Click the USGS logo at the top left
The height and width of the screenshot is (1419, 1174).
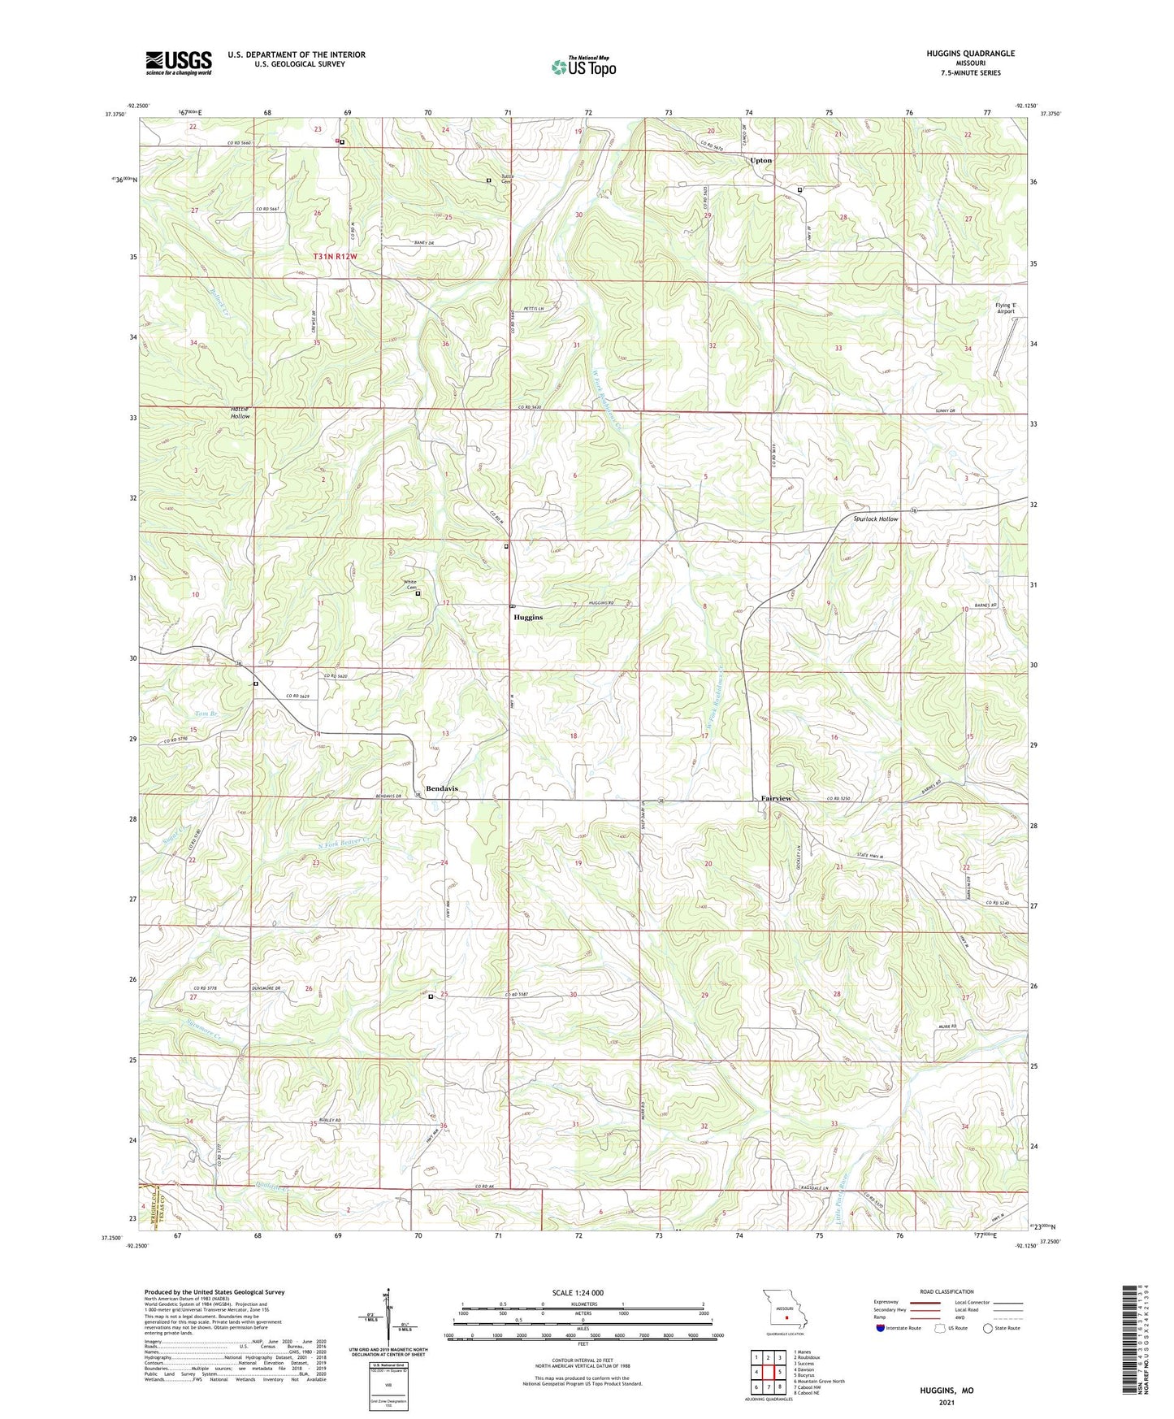179,63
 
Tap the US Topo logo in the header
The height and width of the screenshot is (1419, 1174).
583,67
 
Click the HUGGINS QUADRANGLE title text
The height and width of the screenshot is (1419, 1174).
970,54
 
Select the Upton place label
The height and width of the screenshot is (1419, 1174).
761,160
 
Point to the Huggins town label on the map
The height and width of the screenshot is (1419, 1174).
528,618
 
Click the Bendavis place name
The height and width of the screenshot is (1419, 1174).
442,789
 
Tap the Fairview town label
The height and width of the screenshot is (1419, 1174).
776,799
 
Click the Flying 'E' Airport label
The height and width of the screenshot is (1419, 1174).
1006,309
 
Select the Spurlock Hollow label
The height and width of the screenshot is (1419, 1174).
876,519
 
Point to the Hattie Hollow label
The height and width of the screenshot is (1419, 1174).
240,412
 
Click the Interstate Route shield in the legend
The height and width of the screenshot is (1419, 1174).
882,1328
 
